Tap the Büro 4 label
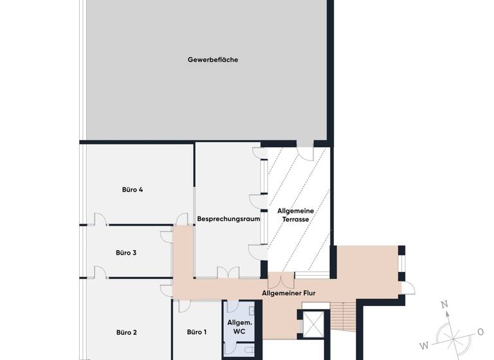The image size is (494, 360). pos(132,190)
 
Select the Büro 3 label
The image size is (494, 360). pos(126,253)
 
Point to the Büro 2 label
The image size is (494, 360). pos(127,332)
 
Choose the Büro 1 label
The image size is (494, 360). pos(197,332)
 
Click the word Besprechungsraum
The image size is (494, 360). pos(228,219)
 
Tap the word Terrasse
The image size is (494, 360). pos(296,219)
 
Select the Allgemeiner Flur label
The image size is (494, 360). pos(289,293)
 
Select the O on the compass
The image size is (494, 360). pos(480,332)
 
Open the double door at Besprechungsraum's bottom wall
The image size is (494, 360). pos(228,273)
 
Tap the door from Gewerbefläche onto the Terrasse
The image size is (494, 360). pos(305,154)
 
